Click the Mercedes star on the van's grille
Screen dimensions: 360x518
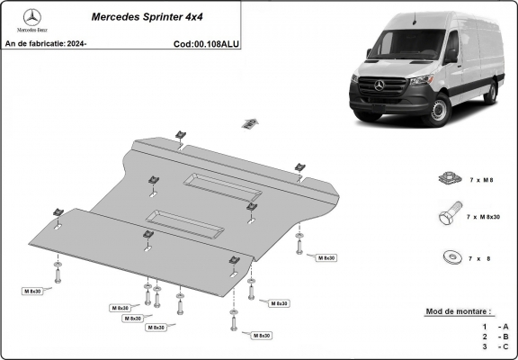[x=379, y=86]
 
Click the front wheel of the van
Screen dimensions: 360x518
[x=438, y=112]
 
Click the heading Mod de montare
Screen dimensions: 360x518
[x=459, y=312]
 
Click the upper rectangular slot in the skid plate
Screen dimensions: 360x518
[x=222, y=188]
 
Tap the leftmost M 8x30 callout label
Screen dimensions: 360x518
[x=34, y=291]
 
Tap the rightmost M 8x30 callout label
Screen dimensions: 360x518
[x=326, y=258]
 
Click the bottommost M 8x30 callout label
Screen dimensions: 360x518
[x=261, y=335]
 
